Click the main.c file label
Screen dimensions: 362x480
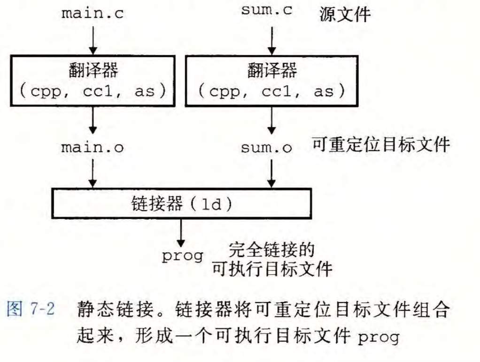pyautogui.click(x=93, y=13)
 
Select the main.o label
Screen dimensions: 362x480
pyautogui.click(x=93, y=147)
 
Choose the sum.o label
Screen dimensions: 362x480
pyautogui.click(x=266, y=148)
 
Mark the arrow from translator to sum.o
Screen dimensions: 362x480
pyautogui.click(x=271, y=122)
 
